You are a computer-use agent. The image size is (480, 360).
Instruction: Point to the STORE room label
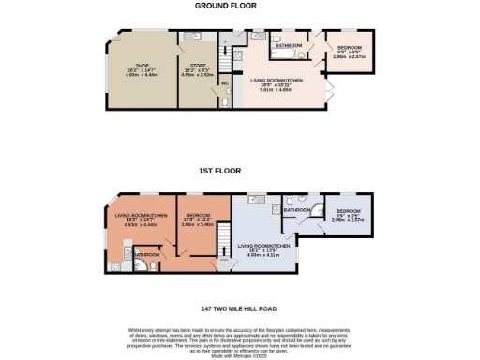[198, 66]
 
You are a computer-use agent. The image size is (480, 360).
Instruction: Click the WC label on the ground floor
[224, 84]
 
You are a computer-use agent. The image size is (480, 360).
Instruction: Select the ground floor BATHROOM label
[288, 46]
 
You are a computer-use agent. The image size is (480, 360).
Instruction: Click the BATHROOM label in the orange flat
[146, 253]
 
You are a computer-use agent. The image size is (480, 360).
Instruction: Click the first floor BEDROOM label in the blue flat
[349, 211]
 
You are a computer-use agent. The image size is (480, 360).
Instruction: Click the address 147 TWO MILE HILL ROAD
[238, 307]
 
